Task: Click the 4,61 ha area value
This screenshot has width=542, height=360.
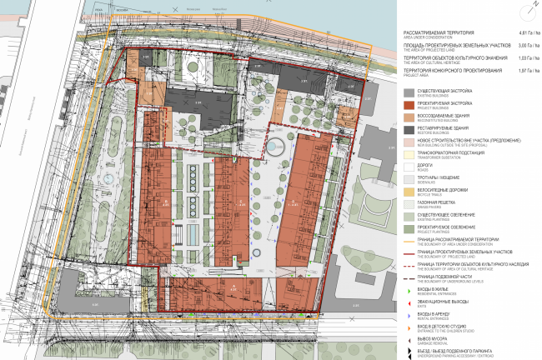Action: [521, 32]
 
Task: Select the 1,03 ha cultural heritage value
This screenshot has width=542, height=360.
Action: [521, 59]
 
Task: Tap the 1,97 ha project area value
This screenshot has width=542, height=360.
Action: [521, 72]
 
